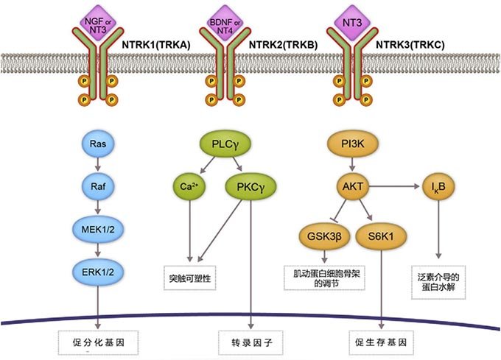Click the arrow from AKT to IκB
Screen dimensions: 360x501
(x=394, y=187)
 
